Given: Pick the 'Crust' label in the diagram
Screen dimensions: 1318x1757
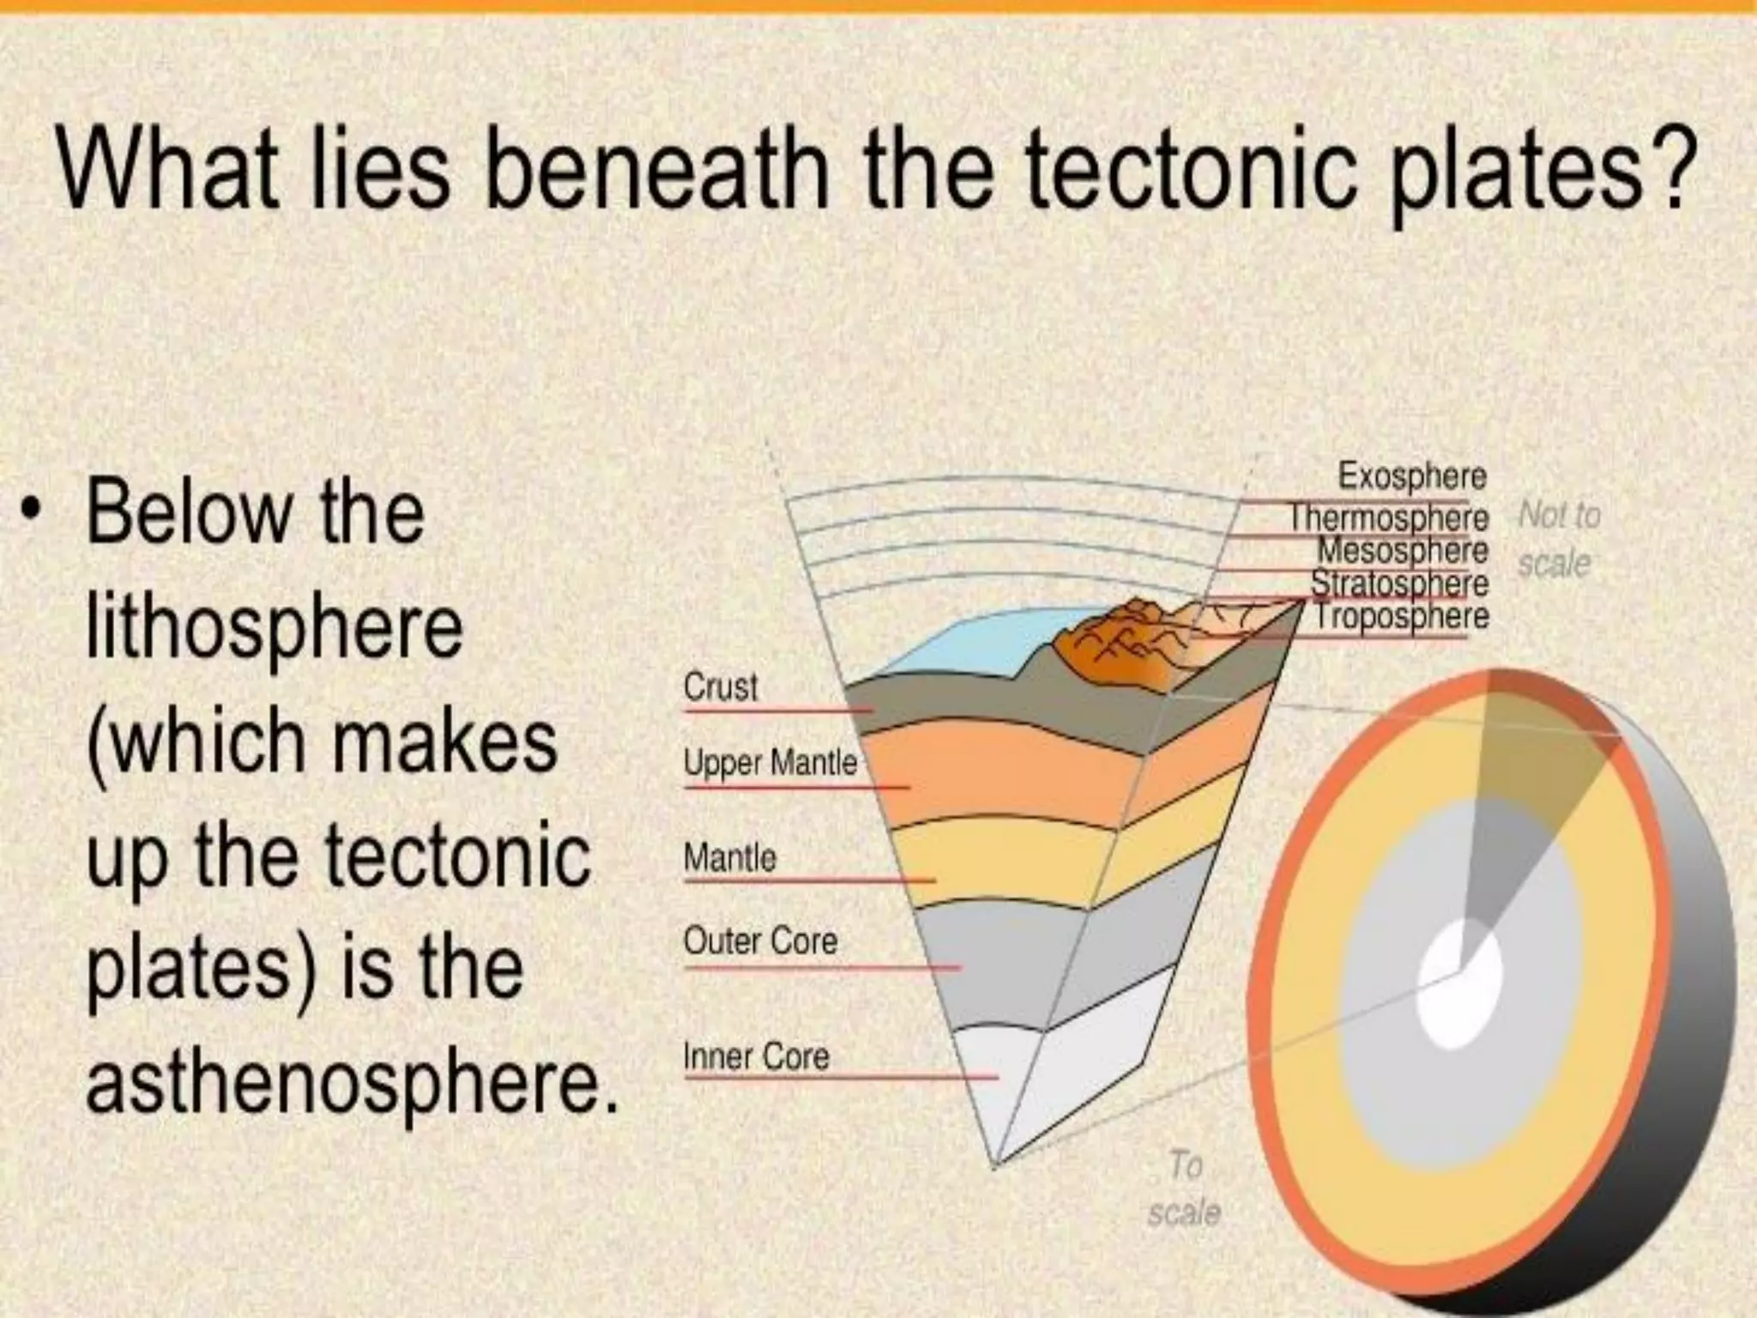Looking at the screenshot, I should click(721, 687).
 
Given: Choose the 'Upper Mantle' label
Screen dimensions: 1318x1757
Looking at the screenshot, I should click(770, 763).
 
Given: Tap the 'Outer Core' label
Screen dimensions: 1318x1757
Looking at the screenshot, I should click(760, 941).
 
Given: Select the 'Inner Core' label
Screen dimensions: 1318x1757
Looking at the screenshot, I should click(756, 1056).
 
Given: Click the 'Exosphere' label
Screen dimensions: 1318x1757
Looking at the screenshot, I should click(1412, 476).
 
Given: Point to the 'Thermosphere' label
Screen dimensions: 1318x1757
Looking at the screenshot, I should click(1390, 517).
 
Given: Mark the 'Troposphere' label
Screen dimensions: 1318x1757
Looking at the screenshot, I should click(1402, 616).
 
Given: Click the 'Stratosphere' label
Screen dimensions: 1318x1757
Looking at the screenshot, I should click(1399, 583).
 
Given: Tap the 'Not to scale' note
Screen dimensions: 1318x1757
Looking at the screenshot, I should click(1557, 539).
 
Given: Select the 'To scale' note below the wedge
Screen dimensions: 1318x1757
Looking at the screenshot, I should click(1185, 1188).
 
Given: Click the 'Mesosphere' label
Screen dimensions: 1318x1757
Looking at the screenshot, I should click(1403, 550).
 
